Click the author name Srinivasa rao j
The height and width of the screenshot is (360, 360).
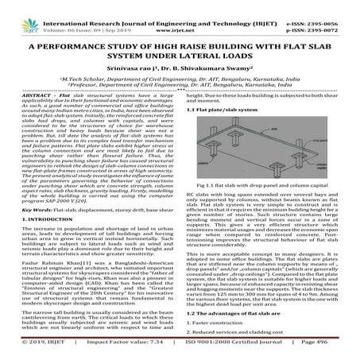point(136,68)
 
